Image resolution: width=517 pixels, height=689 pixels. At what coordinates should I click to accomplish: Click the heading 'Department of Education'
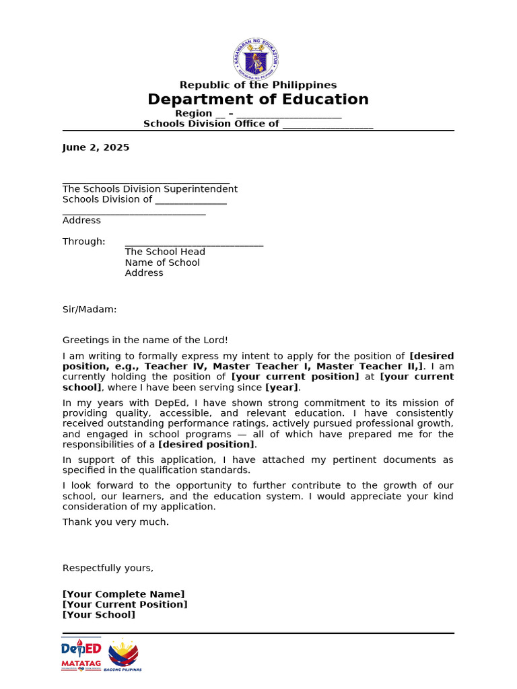(x=258, y=100)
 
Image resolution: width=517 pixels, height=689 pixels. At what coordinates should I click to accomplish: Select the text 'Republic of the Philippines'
(x=258, y=85)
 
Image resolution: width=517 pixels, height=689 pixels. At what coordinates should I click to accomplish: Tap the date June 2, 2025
(x=96, y=147)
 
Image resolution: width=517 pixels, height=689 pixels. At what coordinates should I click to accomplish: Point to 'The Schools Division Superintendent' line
(x=149, y=189)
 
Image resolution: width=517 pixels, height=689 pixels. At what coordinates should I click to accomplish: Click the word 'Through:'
(x=84, y=242)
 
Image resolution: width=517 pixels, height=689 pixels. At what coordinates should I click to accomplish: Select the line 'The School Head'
(x=165, y=252)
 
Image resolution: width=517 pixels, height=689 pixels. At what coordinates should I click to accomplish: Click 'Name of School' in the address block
(x=162, y=262)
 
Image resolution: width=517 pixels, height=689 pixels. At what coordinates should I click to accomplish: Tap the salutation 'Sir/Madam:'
(x=90, y=310)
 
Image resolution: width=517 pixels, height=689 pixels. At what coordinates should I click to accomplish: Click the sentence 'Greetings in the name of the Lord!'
(x=145, y=340)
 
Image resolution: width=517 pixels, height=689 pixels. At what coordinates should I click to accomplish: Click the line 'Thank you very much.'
(x=116, y=522)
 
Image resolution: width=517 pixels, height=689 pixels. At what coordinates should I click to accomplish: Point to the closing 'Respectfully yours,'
(x=108, y=568)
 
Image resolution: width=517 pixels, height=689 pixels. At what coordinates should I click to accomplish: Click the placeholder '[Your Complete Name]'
(x=123, y=594)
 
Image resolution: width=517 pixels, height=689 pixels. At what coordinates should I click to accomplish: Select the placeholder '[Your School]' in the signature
(x=99, y=614)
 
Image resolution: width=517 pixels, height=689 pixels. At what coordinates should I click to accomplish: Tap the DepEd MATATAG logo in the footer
(x=81, y=655)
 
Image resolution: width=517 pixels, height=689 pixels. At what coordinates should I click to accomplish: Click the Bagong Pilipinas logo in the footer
(x=123, y=655)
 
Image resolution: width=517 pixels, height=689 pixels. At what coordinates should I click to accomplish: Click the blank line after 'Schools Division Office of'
(x=327, y=125)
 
